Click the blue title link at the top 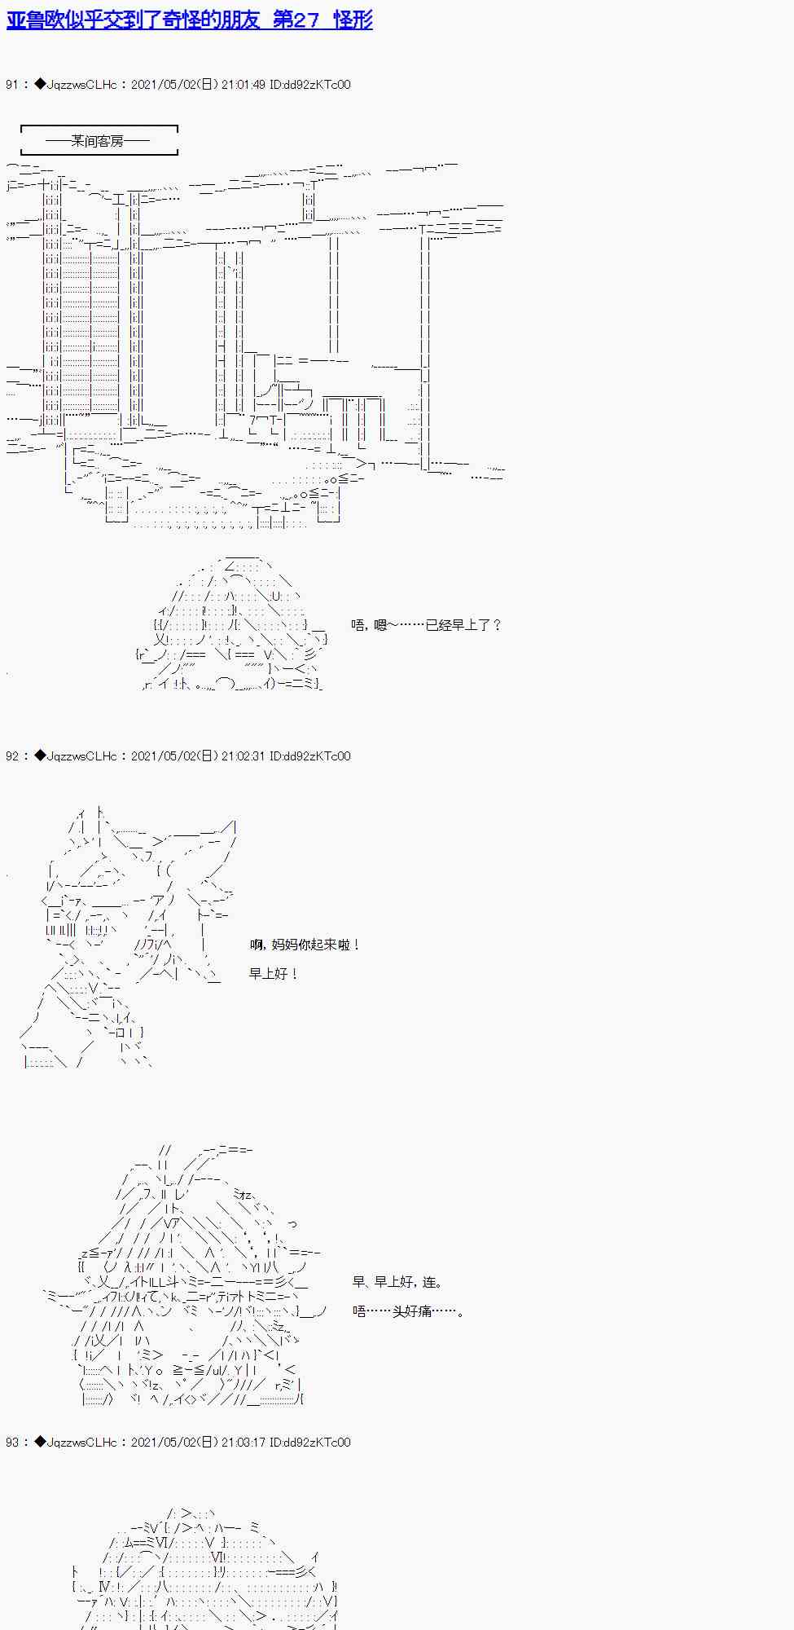coord(189,20)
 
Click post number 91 coord(11,85)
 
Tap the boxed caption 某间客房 coord(98,141)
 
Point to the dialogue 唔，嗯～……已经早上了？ coord(427,625)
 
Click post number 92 coord(11,756)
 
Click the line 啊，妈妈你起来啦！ coord(305,945)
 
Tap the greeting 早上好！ coord(274,974)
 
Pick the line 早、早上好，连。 coord(397,1282)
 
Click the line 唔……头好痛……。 coord(408,1311)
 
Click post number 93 coord(11,1443)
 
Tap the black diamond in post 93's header coord(40,1443)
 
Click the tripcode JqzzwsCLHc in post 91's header coord(82,85)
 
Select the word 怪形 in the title coord(353,20)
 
